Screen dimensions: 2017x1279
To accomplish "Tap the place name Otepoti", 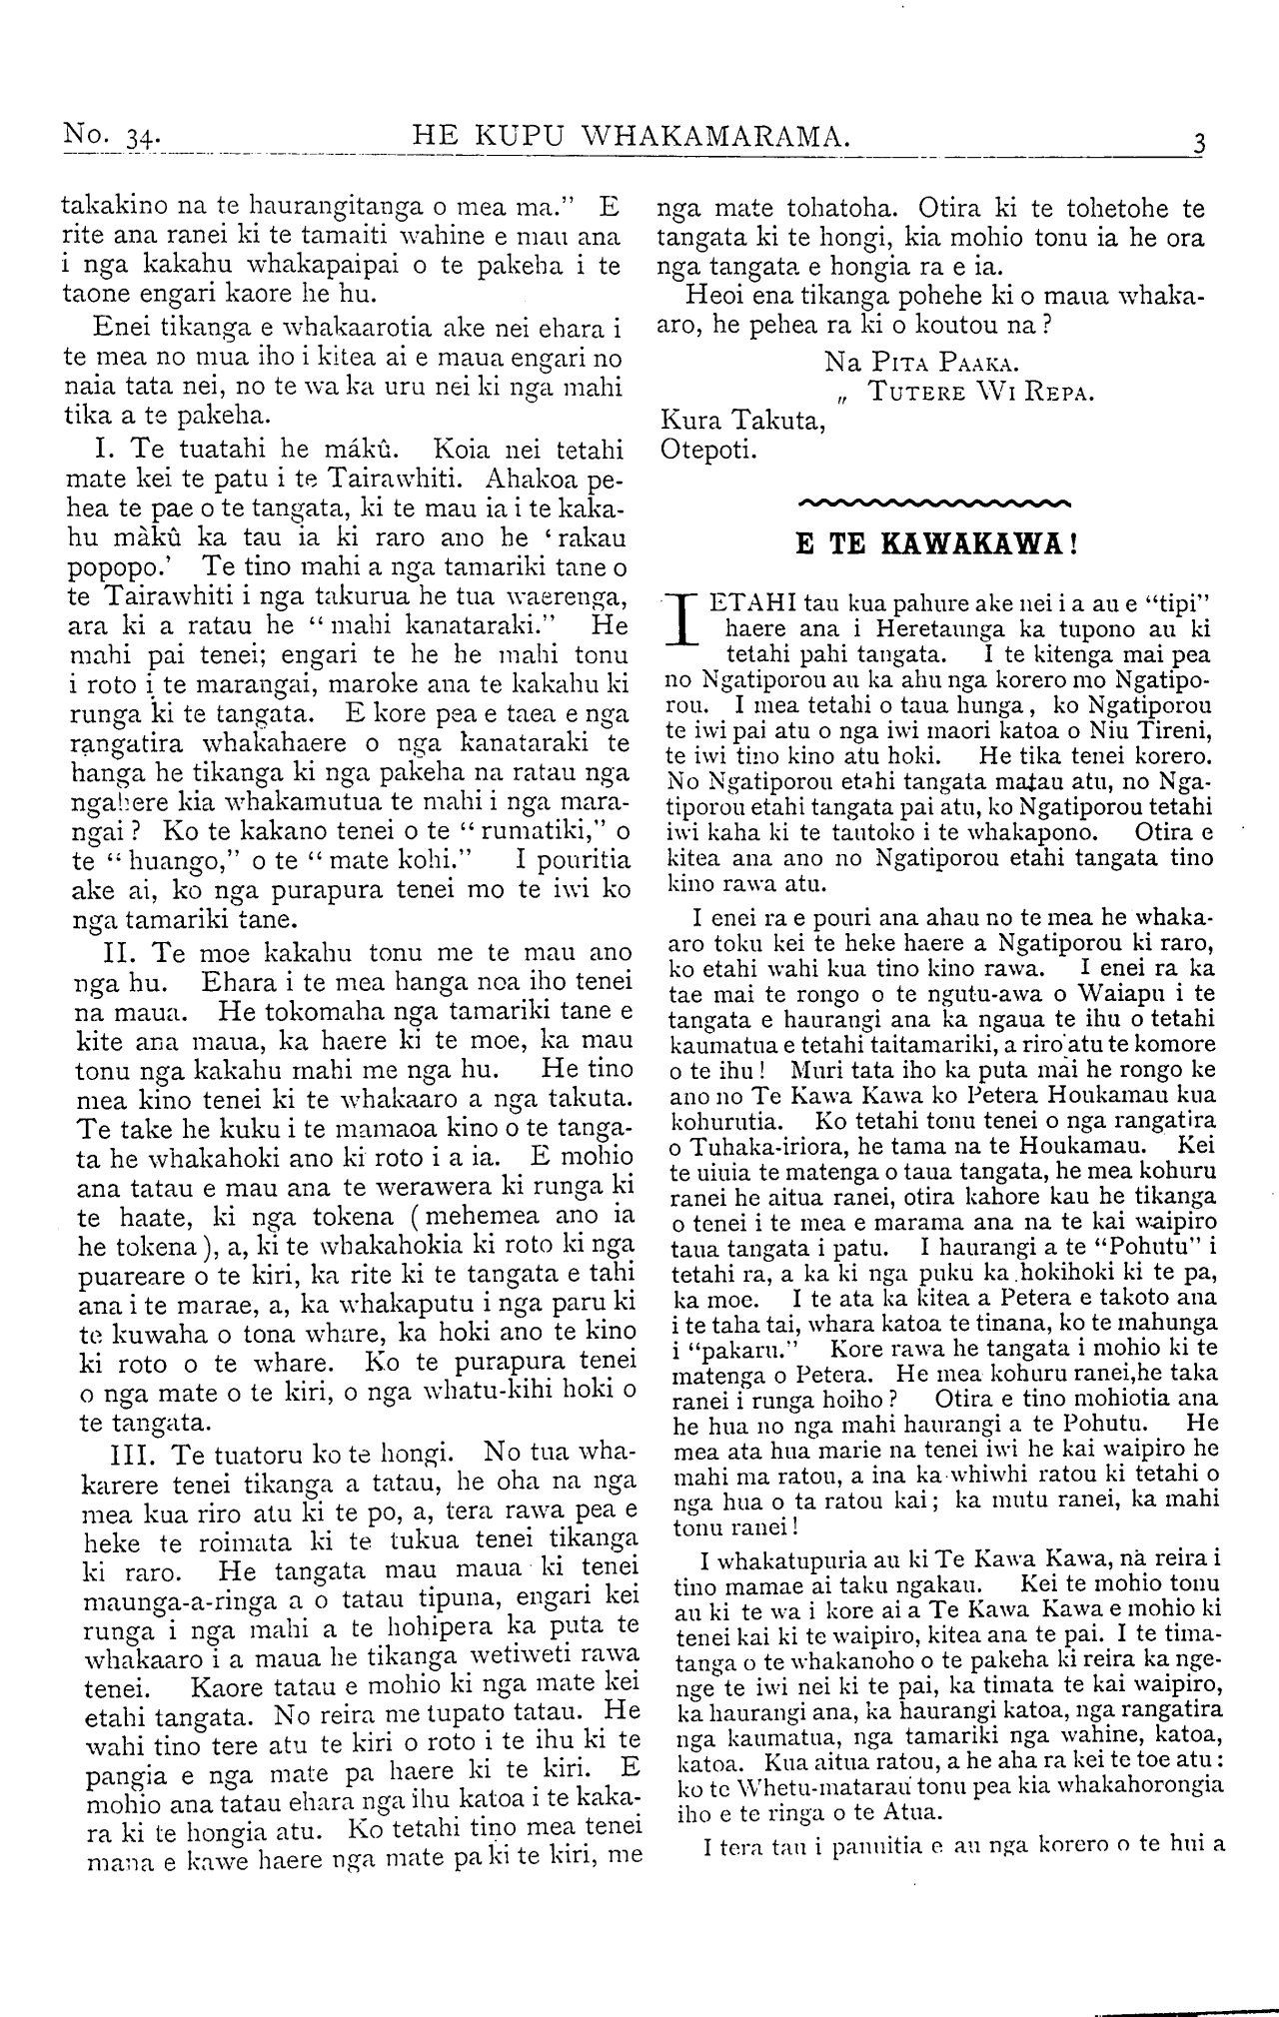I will pyautogui.click(x=709, y=449).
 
